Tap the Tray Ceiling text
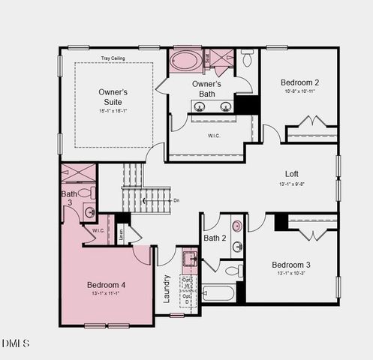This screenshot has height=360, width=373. pos(113,58)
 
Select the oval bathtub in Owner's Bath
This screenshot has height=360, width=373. pos(185,60)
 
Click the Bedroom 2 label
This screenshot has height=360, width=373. pos(300,82)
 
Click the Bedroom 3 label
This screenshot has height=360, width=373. pos(291,265)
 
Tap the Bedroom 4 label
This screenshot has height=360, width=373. pos(106,285)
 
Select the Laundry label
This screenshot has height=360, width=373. pos(167,288)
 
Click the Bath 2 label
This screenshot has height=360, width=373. pos(215,238)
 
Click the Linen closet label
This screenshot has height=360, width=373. pos(122,233)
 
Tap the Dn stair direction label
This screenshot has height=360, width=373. pos(177,200)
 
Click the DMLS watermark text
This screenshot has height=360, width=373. pos(16,343)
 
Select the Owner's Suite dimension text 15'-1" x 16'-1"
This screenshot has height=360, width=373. pos(113,110)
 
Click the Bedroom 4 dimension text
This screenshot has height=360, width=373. pos(106,295)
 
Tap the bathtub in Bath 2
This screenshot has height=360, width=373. pos(218,292)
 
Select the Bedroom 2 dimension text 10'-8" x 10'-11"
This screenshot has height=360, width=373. pos(300,91)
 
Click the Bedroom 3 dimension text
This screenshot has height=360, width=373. pos(291,274)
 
